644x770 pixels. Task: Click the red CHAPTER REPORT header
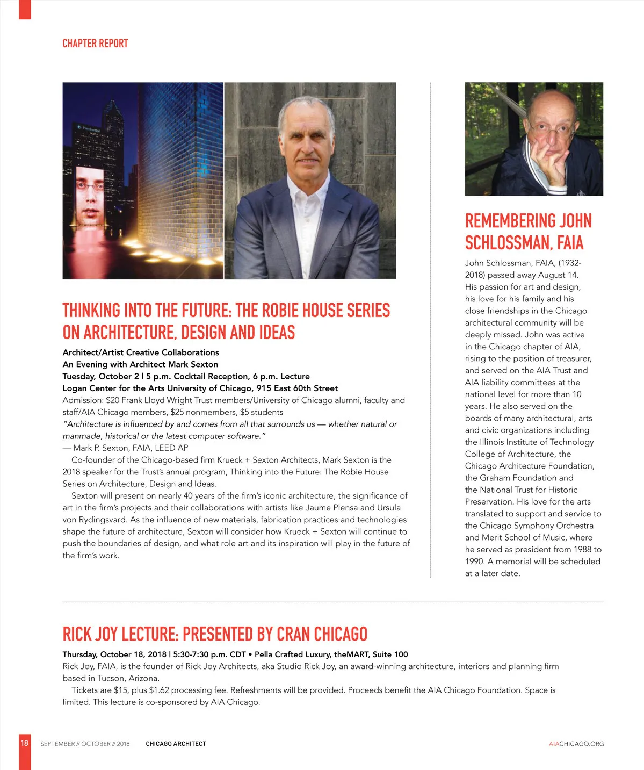95,44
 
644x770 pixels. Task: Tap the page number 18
25,743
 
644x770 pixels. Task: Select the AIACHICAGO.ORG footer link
576,744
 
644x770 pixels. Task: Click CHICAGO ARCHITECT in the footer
176,744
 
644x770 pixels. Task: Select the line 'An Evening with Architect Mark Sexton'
140,364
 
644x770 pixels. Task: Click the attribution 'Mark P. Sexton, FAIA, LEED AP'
130,448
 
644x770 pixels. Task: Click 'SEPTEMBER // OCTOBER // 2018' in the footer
85,744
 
